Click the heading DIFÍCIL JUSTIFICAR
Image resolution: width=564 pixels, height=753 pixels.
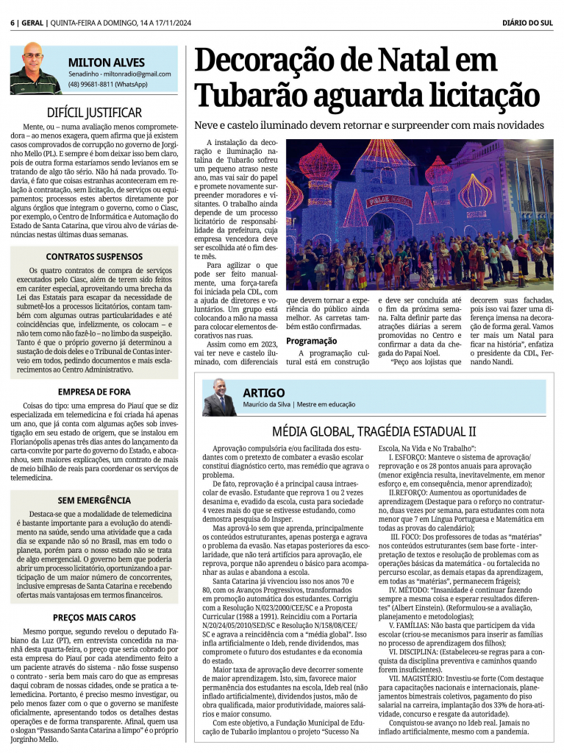[94, 113]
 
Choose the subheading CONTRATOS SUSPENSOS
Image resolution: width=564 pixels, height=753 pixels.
[94, 257]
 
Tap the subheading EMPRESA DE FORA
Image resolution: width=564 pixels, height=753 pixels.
[94, 392]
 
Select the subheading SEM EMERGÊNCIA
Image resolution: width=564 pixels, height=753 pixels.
[94, 500]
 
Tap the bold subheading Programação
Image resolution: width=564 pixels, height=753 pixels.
[312, 341]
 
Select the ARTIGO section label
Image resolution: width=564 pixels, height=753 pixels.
[263, 393]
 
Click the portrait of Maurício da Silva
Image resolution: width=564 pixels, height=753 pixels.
[219, 397]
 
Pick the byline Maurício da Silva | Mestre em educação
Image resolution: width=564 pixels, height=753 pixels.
[299, 405]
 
